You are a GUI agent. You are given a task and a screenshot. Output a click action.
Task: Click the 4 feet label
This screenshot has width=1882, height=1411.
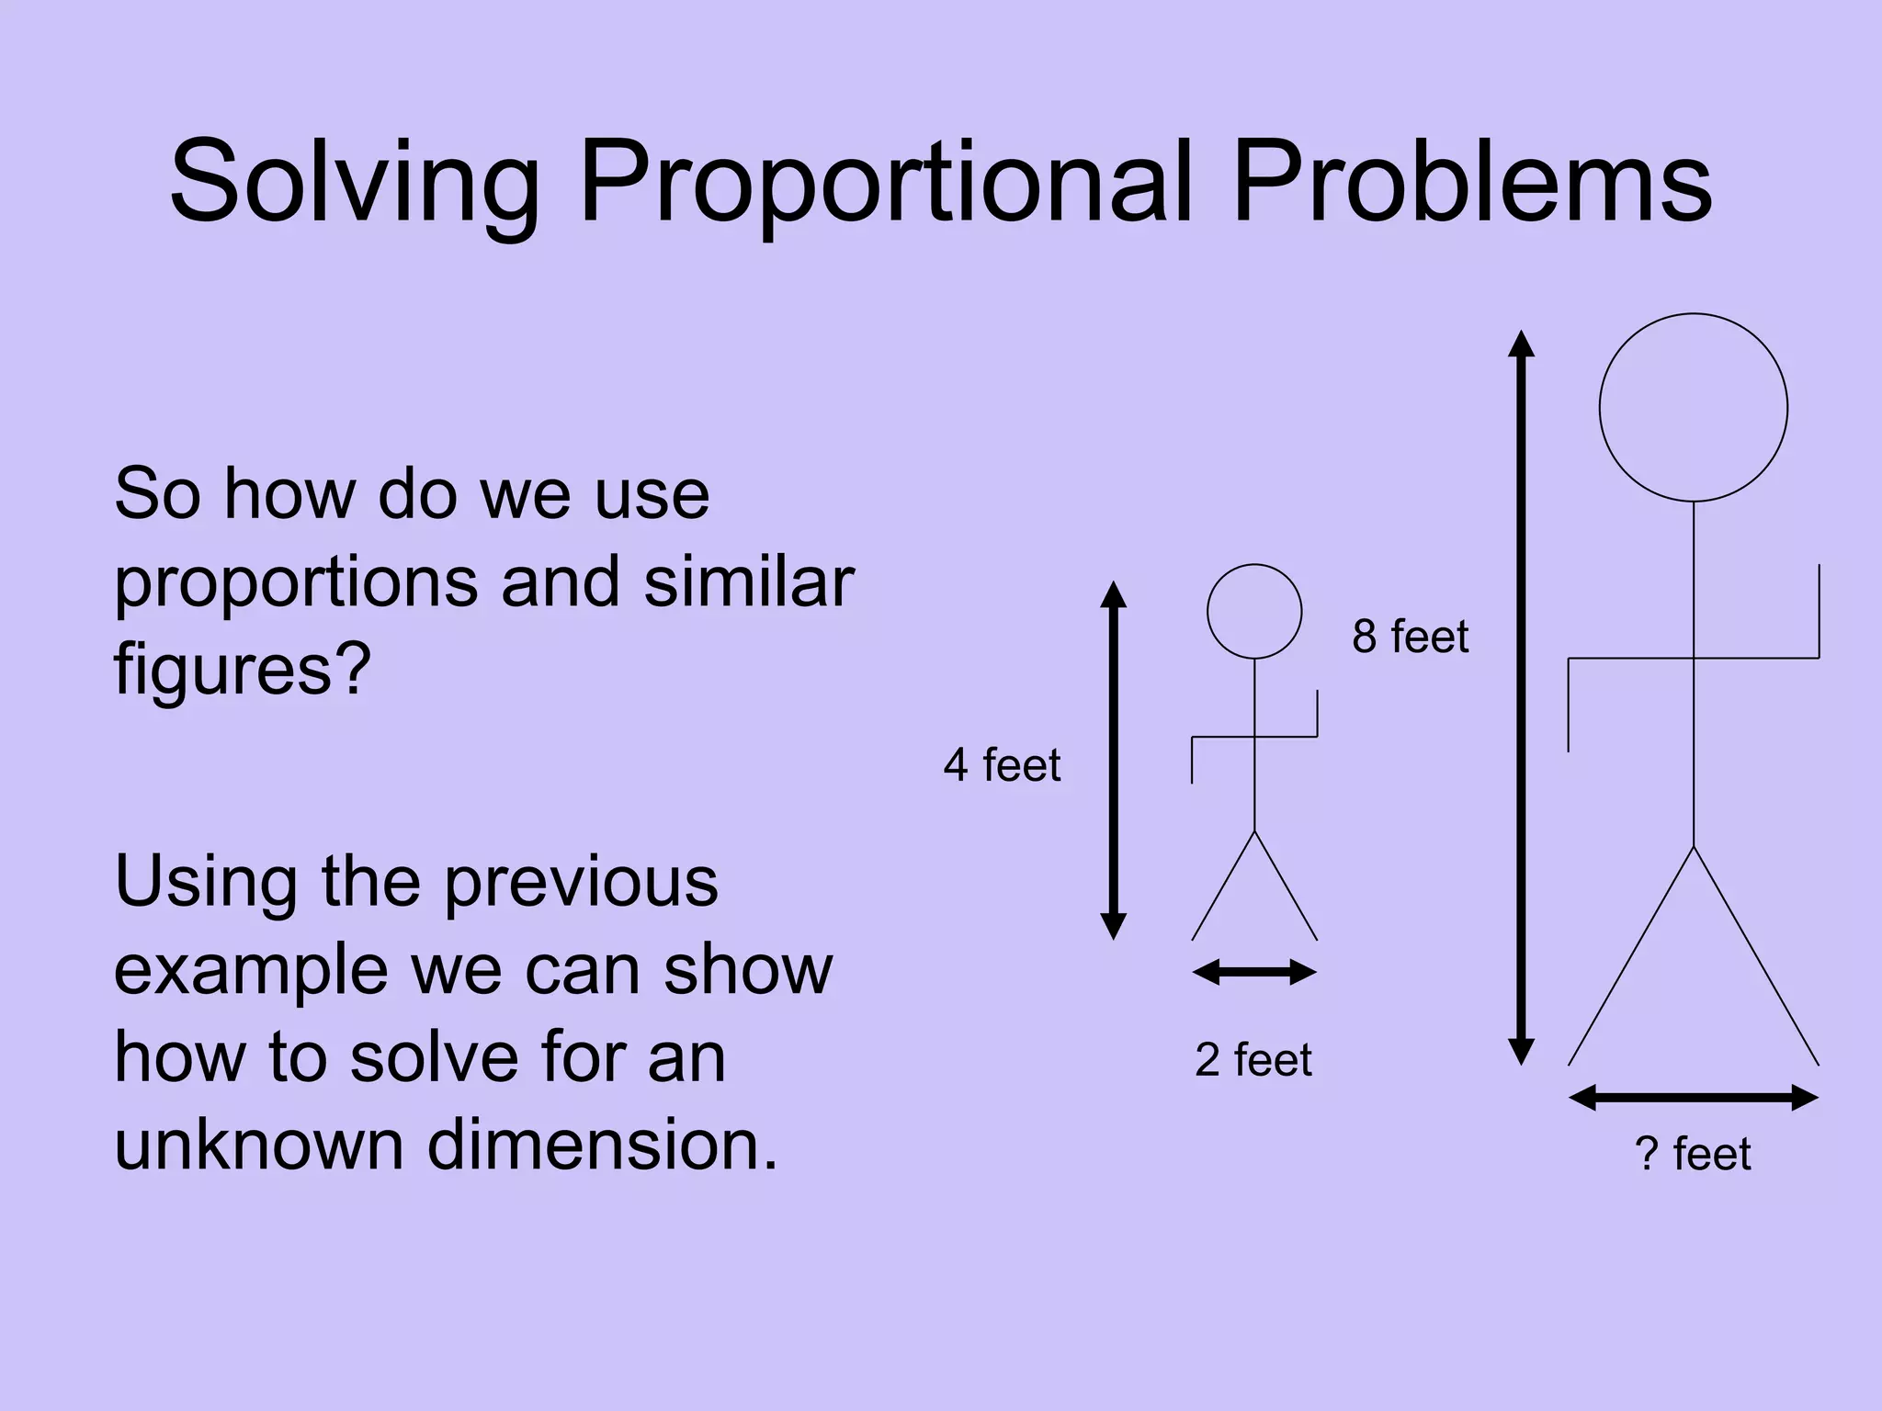pyautogui.click(x=1002, y=765)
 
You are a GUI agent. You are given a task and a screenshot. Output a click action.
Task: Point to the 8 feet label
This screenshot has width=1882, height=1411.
pyautogui.click(x=1410, y=637)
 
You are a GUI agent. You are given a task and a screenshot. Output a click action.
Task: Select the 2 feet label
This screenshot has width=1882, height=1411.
pyautogui.click(x=1253, y=1060)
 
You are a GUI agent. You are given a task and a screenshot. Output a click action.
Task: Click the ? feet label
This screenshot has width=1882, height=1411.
pyautogui.click(x=1693, y=1154)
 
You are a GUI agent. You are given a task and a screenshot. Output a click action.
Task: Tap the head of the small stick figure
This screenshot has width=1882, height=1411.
pyautogui.click(x=1254, y=612)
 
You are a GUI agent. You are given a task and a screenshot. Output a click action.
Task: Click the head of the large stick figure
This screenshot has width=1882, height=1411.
pyautogui.click(x=1693, y=408)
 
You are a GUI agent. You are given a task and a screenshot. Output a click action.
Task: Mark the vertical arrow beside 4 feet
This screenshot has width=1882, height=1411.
pyautogui.click(x=1114, y=761)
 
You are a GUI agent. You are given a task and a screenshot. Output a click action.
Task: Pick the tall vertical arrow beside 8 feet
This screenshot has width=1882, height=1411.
pyautogui.click(x=1522, y=698)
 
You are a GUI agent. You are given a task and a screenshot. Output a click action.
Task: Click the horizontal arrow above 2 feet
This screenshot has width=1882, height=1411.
pyautogui.click(x=1254, y=972)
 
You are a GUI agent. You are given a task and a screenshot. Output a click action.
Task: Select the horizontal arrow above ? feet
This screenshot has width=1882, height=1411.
pyautogui.click(x=1693, y=1098)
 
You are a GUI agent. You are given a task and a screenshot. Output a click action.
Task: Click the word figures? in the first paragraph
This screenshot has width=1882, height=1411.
pyautogui.click(x=243, y=671)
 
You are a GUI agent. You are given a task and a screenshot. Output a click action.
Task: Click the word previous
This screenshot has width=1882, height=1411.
pyautogui.click(x=581, y=882)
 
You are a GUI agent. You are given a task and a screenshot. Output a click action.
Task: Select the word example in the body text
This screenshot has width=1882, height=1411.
pyautogui.click(x=250, y=970)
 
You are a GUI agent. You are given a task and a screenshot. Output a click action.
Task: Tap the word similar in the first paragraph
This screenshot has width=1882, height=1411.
pyautogui.click(x=749, y=582)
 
